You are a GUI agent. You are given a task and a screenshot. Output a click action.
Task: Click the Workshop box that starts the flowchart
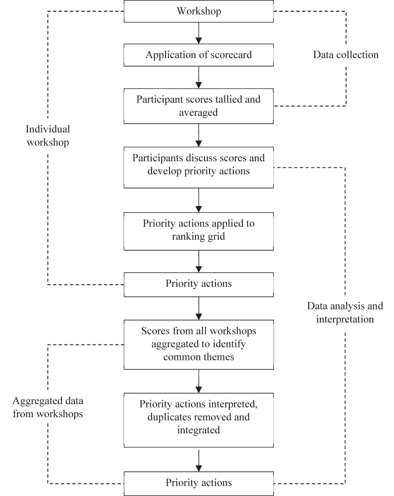point(198,11)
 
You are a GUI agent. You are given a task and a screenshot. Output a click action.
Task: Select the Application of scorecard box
point(198,55)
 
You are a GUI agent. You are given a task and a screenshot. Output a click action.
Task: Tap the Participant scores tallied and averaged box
point(198,106)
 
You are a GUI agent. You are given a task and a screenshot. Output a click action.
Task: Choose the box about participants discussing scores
point(198,165)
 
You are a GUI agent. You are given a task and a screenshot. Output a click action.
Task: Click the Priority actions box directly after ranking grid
point(198,284)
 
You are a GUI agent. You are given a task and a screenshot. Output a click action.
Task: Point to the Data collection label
point(346,55)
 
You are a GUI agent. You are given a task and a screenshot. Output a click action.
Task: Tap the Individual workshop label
point(48,136)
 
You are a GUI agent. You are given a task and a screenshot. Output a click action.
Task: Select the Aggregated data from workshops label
point(48,408)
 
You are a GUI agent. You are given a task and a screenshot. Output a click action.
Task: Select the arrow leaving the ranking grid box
point(198,261)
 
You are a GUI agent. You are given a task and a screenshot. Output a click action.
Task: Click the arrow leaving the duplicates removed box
point(198,459)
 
